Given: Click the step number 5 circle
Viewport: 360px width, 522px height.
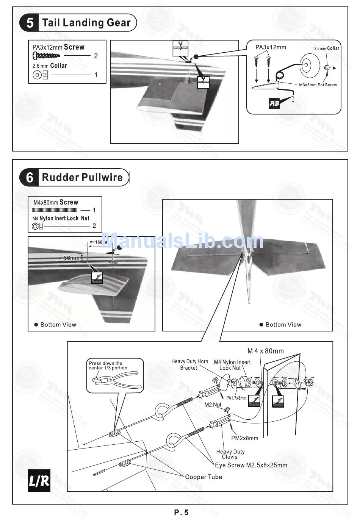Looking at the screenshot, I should pyautogui.click(x=29, y=23).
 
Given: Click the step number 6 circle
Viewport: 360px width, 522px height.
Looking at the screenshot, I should pyautogui.click(x=29, y=177).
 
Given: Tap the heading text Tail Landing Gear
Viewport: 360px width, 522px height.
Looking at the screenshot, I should pyautogui.click(x=86, y=23).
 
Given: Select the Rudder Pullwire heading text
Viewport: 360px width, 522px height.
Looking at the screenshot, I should pyautogui.click(x=82, y=177).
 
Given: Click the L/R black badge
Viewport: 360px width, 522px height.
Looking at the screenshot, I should pyautogui.click(x=39, y=481).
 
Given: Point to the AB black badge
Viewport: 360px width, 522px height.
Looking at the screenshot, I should pyautogui.click(x=274, y=103).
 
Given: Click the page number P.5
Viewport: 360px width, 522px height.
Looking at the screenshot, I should pyautogui.click(x=181, y=513).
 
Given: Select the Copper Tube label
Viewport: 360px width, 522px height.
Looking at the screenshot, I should pyautogui.click(x=203, y=477).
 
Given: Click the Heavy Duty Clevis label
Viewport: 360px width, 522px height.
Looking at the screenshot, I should pyautogui.click(x=230, y=454).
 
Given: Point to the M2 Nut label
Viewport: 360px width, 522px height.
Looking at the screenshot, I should pyautogui.click(x=213, y=405).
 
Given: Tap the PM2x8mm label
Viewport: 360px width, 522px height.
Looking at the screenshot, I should pyautogui.click(x=244, y=438).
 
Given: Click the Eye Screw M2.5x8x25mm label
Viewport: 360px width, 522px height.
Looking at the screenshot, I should pyautogui.click(x=251, y=465).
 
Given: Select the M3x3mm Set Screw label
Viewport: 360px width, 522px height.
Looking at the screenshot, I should pyautogui.click(x=318, y=85).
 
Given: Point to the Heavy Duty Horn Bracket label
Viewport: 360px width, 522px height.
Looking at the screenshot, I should pyautogui.click(x=189, y=364).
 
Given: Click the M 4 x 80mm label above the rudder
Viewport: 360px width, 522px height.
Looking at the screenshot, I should pyautogui.click(x=265, y=351).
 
